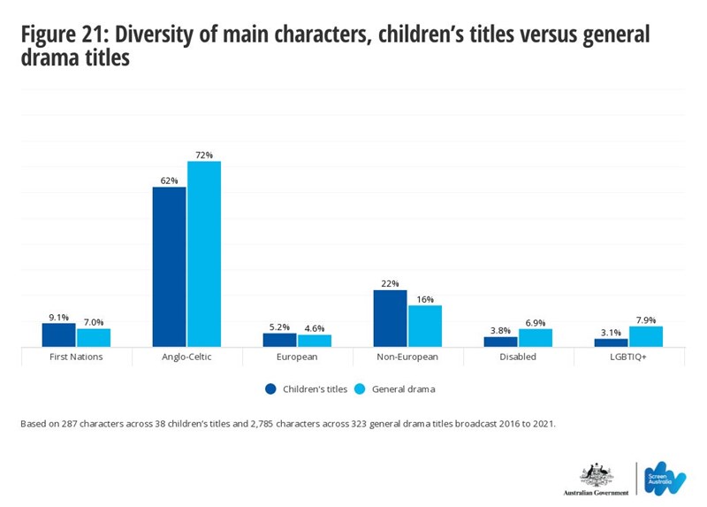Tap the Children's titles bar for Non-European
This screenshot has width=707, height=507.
click(x=390, y=318)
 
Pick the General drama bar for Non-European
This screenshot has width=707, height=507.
click(x=424, y=326)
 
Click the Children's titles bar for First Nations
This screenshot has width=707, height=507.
click(x=59, y=334)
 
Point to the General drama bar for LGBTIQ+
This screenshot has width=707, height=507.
click(x=646, y=336)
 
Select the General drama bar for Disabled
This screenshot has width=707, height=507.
click(x=536, y=337)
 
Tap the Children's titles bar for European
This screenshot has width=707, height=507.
click(x=280, y=340)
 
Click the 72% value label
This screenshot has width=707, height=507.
click(x=204, y=155)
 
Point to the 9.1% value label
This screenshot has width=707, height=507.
click(x=58, y=317)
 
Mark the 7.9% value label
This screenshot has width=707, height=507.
click(x=646, y=320)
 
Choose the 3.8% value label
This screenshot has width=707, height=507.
click(x=500, y=330)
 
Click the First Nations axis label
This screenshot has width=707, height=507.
click(x=76, y=357)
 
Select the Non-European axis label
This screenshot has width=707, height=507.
click(x=407, y=357)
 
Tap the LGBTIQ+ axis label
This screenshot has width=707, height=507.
click(x=628, y=357)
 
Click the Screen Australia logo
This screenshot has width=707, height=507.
click(x=665, y=478)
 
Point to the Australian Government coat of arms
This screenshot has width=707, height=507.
click(x=596, y=474)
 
